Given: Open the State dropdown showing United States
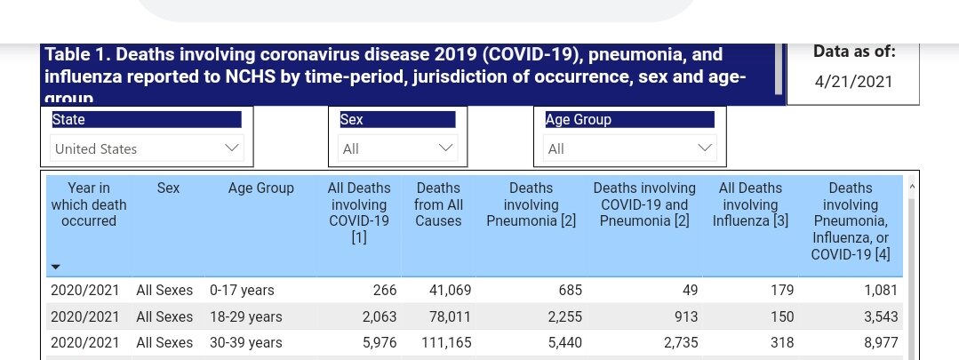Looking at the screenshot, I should tap(147, 148).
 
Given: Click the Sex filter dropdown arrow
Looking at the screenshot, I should tap(446, 148).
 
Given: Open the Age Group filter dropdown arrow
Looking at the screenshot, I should tap(705, 148).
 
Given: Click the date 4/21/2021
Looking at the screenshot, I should tap(853, 82).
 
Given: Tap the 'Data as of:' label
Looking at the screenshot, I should tap(854, 52).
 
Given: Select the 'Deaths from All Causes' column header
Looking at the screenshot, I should tap(438, 204).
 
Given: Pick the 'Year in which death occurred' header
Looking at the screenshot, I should tap(89, 204).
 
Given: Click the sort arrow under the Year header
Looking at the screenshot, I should tap(56, 267).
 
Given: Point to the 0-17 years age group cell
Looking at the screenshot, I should tap(242, 290).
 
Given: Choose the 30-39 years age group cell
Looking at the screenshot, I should tap(245, 342).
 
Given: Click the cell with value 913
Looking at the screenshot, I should tap(672, 316).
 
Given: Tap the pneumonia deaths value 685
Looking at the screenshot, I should tap(560, 290).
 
